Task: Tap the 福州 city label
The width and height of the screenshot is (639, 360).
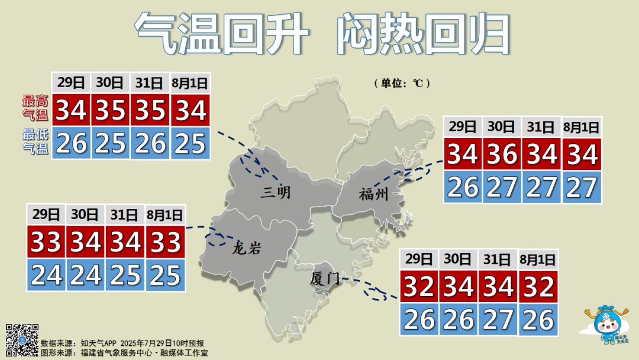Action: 373,194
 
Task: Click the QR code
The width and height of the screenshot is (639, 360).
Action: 22,340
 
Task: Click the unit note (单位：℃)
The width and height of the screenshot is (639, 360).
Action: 401,83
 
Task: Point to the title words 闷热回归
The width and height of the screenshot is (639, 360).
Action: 423,33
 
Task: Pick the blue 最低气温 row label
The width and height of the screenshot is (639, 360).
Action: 35,142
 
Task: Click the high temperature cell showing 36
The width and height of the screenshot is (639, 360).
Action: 502,155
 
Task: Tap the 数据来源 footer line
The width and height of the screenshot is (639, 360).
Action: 122,343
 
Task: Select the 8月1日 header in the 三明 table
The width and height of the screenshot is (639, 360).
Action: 190,83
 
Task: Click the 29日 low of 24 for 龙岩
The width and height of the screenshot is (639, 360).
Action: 46,275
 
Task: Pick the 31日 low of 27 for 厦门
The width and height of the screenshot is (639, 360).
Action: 498,320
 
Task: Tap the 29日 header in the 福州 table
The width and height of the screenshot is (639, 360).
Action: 462,126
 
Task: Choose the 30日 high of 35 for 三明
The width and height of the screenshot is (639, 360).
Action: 111,110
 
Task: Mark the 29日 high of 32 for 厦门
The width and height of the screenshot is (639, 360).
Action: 419,287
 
